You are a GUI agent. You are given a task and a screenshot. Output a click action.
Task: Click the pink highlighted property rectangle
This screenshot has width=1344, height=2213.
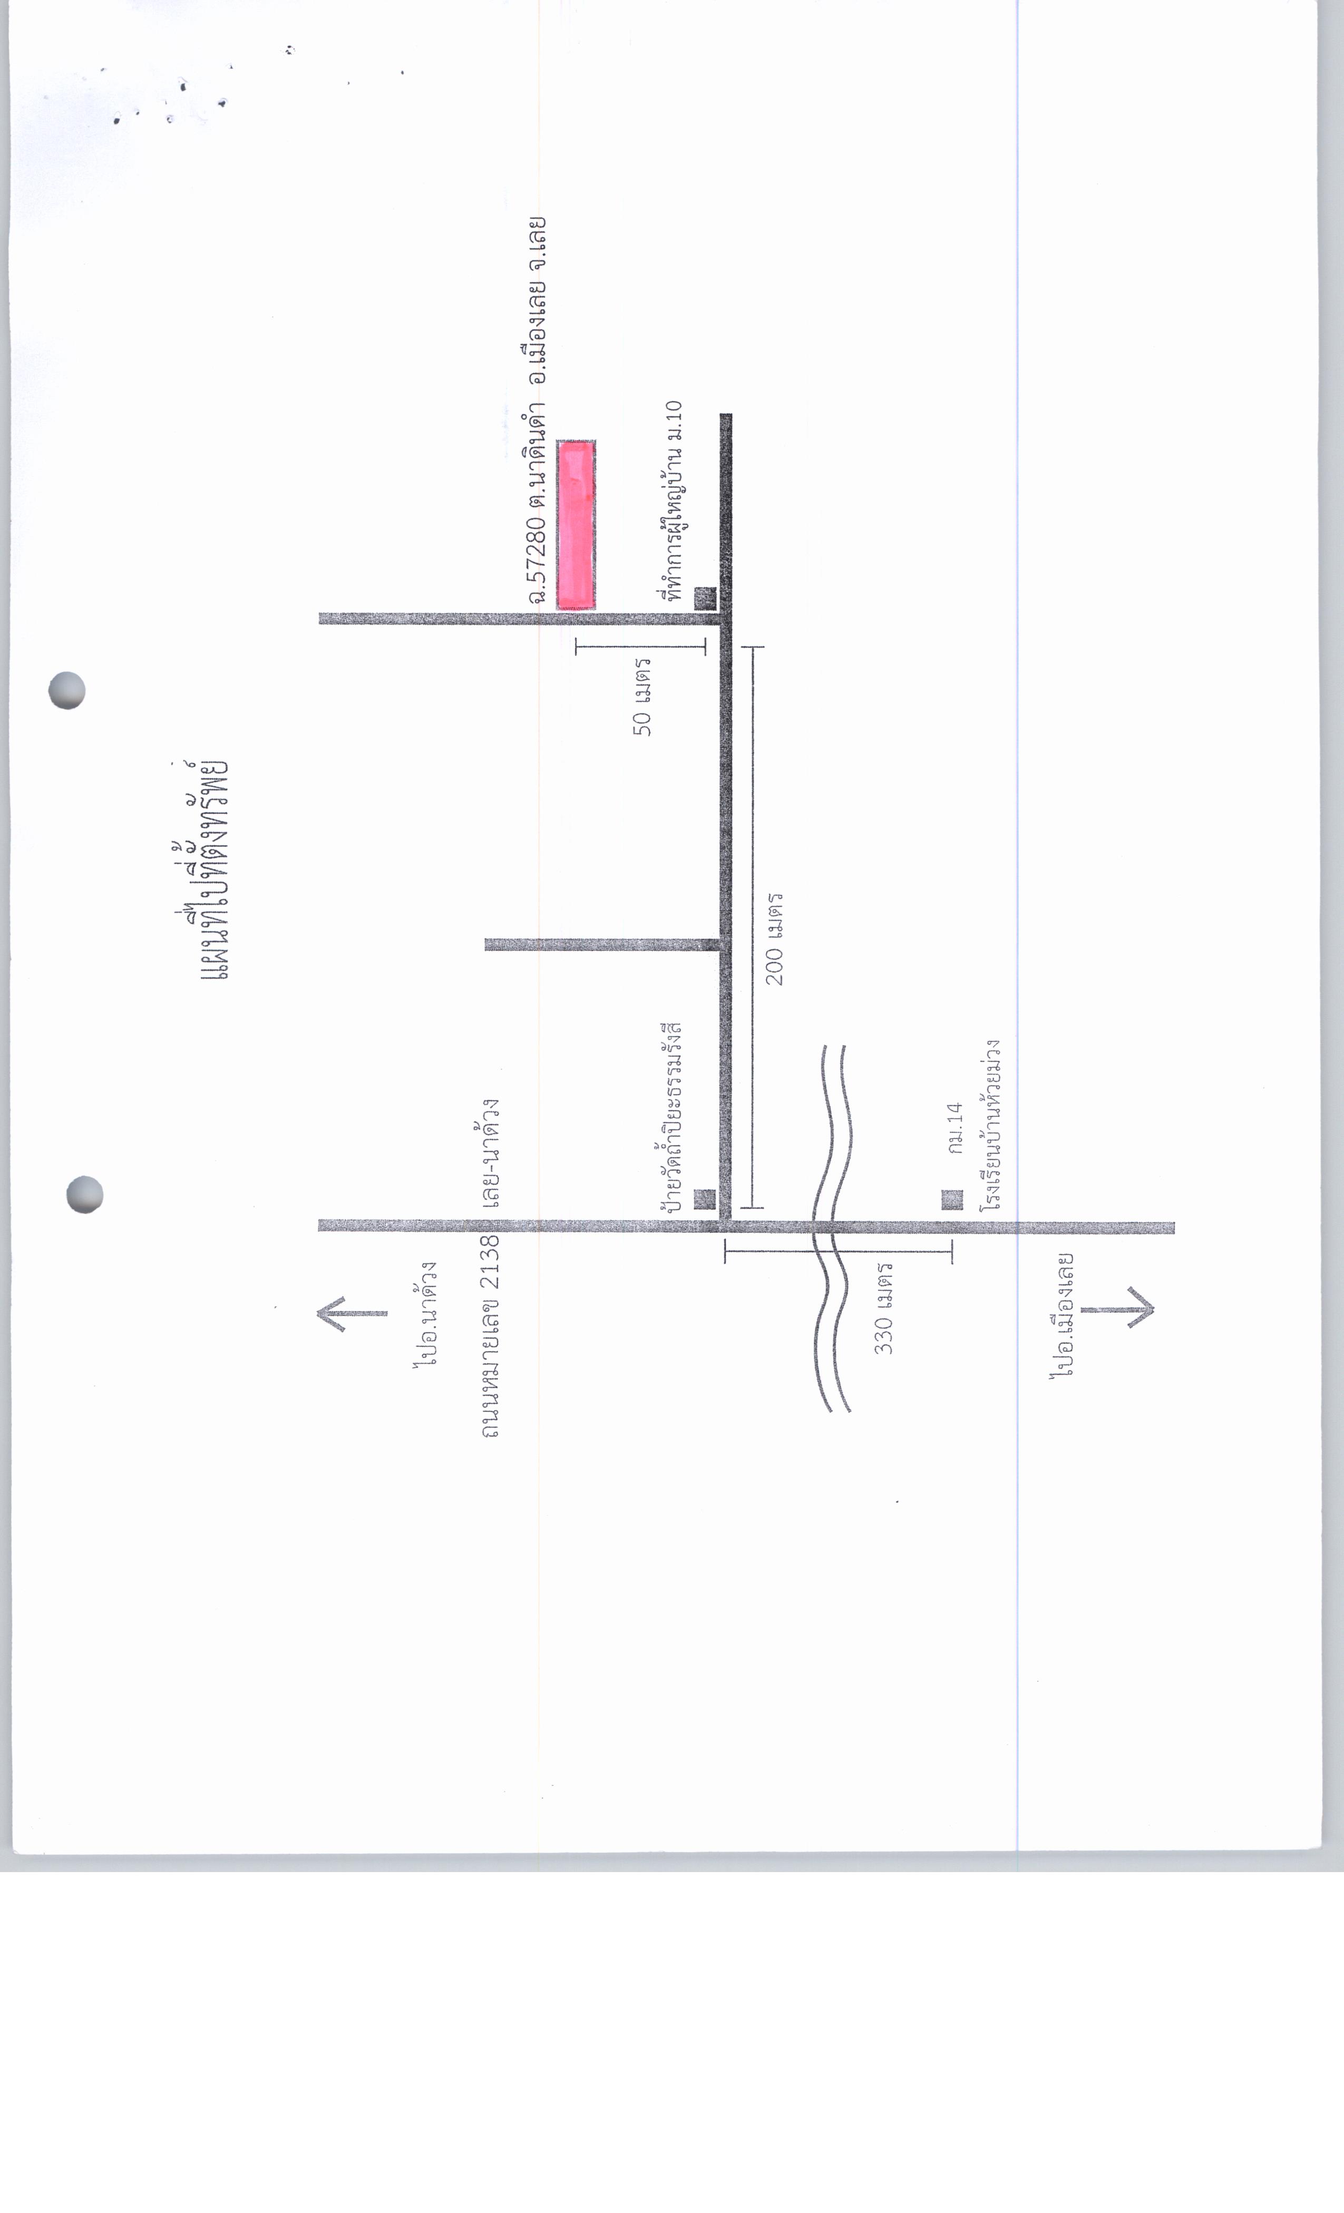point(576,525)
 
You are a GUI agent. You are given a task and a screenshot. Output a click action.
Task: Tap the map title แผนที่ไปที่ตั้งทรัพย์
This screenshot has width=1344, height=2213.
point(202,869)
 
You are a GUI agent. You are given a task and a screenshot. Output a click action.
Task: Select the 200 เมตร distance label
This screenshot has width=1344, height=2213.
point(774,938)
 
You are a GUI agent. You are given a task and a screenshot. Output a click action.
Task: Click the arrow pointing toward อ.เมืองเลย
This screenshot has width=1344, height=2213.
point(1117,1309)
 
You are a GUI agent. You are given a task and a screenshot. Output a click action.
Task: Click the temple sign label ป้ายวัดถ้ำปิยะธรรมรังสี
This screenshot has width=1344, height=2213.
point(671,1117)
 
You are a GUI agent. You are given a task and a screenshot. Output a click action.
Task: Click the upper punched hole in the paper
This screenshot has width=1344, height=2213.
point(66,691)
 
